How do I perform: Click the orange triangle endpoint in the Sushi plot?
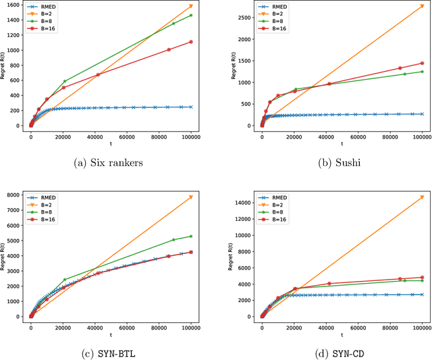coord(422,6)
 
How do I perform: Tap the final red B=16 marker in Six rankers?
coord(191,42)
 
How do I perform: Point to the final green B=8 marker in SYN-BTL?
coord(191,236)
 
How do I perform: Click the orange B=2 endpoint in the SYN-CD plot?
coord(422,197)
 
